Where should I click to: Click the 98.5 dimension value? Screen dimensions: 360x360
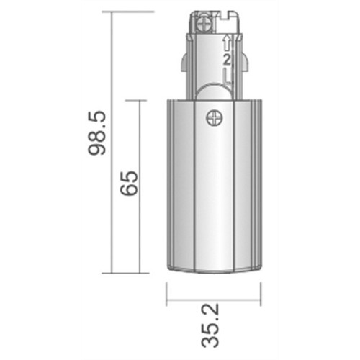click(97, 132)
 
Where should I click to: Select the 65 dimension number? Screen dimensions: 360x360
click(130, 183)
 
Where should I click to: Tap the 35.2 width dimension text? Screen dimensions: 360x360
click(210, 325)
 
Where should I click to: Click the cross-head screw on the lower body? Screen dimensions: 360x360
click(215, 118)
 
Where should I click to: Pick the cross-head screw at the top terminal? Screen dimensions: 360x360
click(204, 24)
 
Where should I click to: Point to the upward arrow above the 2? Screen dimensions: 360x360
click(228, 42)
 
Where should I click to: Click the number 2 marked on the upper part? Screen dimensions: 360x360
click(227, 60)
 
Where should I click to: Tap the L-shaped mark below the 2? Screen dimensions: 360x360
click(227, 76)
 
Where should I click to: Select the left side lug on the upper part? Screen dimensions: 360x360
click(184, 62)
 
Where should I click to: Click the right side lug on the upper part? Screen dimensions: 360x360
click(246, 62)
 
